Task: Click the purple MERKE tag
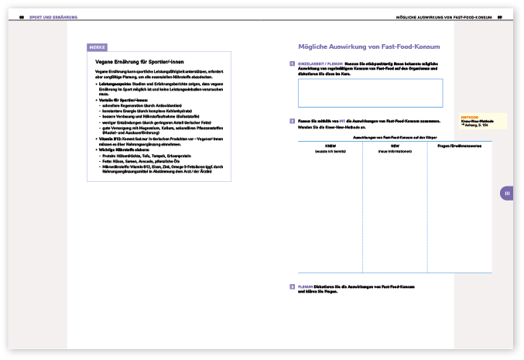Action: tap(98, 47)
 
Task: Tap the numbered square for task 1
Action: tap(291, 63)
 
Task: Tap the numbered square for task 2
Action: tap(291, 121)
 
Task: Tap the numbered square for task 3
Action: tap(291, 286)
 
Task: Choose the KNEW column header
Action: tap(330, 146)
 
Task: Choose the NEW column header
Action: tap(395, 146)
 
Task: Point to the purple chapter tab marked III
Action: tap(506, 194)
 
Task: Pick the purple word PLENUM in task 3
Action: tap(306, 286)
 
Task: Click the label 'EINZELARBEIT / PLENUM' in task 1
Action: tap(320, 63)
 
